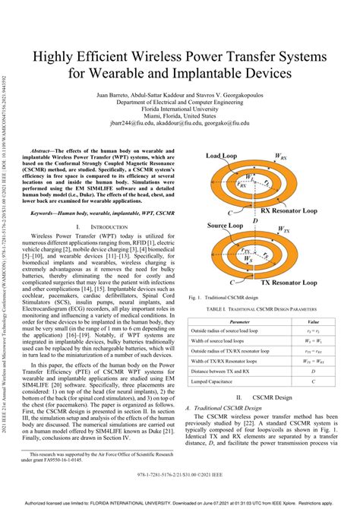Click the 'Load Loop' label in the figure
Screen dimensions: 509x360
[x=221, y=154]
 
